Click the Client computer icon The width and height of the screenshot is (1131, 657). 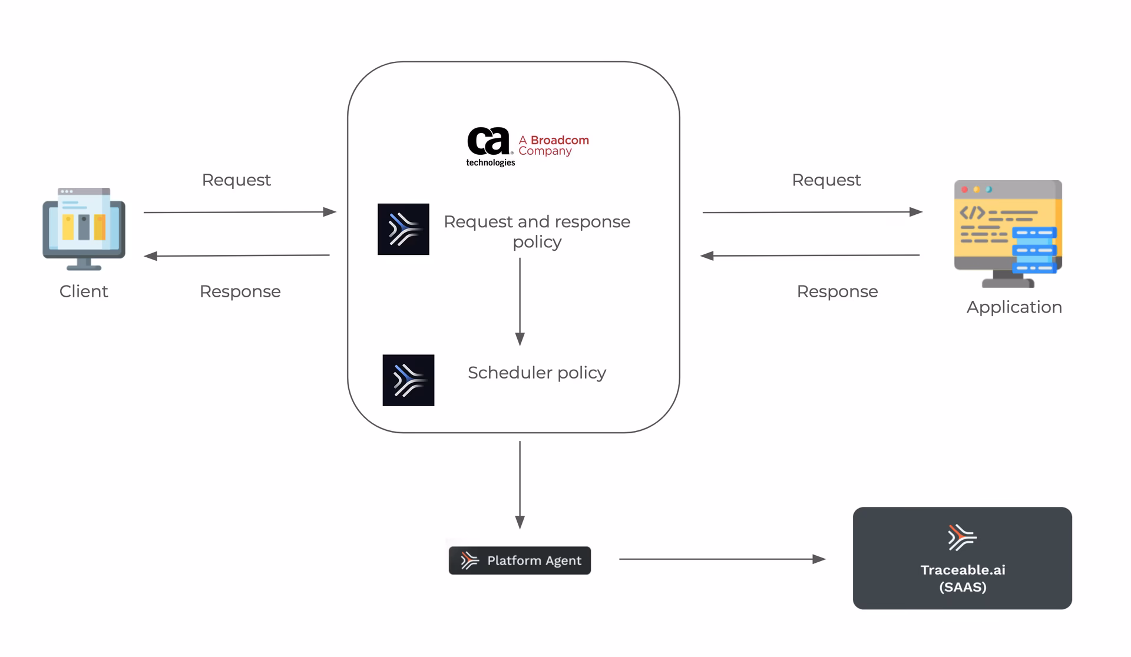pyautogui.click(x=84, y=228)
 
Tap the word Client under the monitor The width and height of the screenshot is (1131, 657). pyautogui.click(x=84, y=291)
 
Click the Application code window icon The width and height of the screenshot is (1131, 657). pyautogui.click(x=1008, y=233)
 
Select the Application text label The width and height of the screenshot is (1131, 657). pyautogui.click(x=1014, y=307)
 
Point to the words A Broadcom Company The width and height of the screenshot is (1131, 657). pyautogui.click(x=553, y=145)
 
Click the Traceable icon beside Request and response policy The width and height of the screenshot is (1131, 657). pyautogui.click(x=404, y=229)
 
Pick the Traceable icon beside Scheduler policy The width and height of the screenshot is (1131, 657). pyautogui.click(x=408, y=380)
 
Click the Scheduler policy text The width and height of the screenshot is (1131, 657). pyautogui.click(x=537, y=373)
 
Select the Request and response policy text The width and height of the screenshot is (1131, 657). pyautogui.click(x=537, y=231)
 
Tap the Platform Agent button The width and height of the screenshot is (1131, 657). pyautogui.click(x=520, y=560)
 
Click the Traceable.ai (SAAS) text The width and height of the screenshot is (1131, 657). pyautogui.click(x=963, y=578)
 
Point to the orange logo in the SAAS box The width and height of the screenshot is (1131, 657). pyautogui.click(x=962, y=537)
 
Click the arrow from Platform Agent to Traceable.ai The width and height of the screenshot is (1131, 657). pyautogui.click(x=722, y=559)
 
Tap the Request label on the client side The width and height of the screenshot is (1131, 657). pyautogui.click(x=236, y=180)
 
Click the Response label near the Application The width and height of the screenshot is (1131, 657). pyautogui.click(x=837, y=291)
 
